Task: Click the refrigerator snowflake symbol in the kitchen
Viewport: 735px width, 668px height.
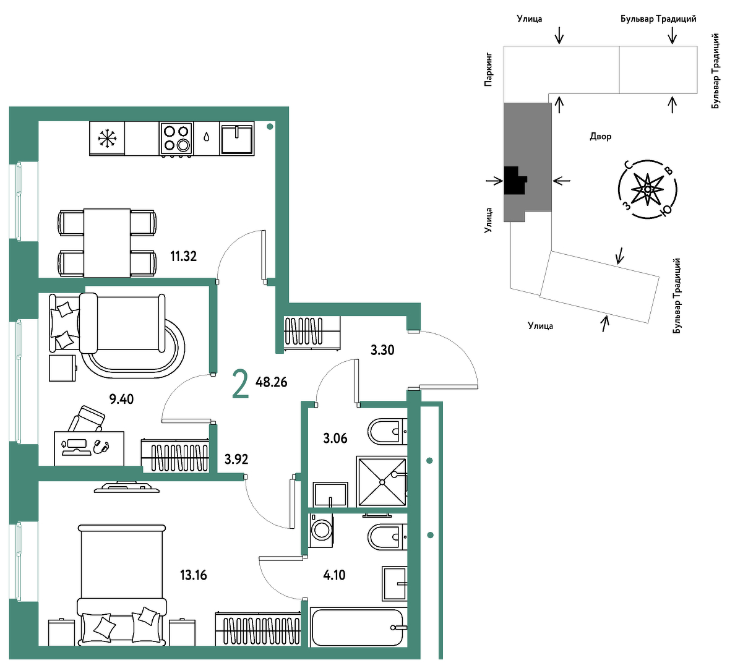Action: tap(108, 139)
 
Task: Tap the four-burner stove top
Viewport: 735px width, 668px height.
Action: tap(176, 139)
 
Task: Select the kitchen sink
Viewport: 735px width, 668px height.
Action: tap(237, 139)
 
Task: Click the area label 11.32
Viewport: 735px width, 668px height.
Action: tap(183, 257)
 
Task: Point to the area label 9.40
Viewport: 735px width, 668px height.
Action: tap(121, 400)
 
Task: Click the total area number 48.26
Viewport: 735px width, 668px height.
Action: tap(272, 382)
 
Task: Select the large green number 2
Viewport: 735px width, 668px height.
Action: tap(241, 384)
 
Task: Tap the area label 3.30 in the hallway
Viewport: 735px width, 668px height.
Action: tap(382, 350)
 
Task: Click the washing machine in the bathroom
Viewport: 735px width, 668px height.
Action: tap(321, 530)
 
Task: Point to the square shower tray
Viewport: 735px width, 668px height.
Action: tap(382, 481)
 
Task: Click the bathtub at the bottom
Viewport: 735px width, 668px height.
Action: tap(357, 627)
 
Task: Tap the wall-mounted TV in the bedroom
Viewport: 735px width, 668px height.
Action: tap(127, 487)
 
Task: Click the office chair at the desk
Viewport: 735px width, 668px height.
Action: tap(87, 419)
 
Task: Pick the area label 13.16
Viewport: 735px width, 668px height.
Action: tap(194, 575)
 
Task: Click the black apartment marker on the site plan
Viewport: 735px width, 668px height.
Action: tap(514, 180)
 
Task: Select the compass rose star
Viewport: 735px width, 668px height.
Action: tap(647, 189)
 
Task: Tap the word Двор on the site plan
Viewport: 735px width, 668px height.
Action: tap(601, 137)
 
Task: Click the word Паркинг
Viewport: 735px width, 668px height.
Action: tap(488, 69)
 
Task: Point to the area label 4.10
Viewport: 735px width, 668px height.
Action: tap(334, 575)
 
